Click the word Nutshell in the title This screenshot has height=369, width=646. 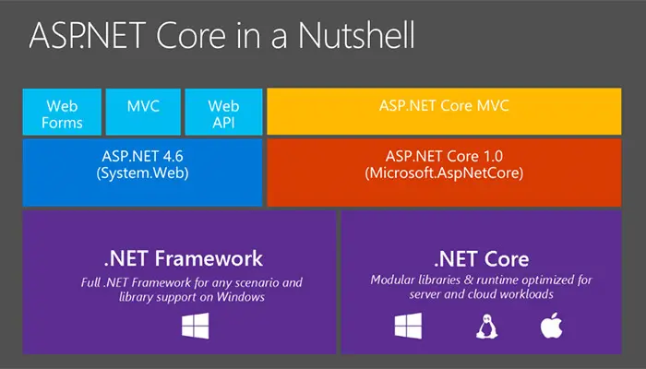tap(356, 35)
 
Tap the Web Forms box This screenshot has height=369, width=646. tap(62, 112)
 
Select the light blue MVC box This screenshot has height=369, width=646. tap(143, 112)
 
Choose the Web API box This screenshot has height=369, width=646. tap(223, 112)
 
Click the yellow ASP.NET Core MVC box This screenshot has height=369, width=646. tap(444, 112)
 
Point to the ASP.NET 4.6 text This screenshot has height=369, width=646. tap(142, 156)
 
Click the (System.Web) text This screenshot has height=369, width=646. tap(142, 173)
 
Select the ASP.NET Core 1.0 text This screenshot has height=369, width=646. tap(444, 156)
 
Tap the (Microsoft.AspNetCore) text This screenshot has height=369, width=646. tap(444, 173)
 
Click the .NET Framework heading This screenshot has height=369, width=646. tap(184, 258)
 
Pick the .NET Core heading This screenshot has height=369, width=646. tap(481, 259)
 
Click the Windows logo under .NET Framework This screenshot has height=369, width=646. tap(196, 326)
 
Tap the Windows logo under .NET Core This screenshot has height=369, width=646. tap(408, 326)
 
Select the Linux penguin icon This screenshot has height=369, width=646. tap(486, 327)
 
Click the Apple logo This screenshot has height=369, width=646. tap(551, 326)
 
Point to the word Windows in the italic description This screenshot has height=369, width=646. tap(241, 296)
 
